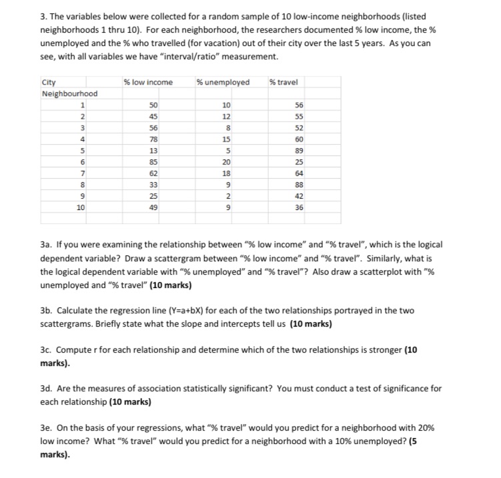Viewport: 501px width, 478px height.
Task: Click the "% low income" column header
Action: tap(148, 82)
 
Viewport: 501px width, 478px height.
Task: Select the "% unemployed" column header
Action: tap(223, 82)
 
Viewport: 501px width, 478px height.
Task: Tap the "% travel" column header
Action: tap(284, 82)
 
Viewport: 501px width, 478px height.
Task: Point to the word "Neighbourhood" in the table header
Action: tap(69, 93)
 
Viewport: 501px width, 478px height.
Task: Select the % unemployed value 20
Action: tap(227, 161)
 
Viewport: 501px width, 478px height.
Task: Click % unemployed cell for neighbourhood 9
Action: tap(229, 195)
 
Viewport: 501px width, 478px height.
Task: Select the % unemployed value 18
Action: tap(227, 173)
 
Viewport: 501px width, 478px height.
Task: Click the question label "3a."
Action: tap(47, 245)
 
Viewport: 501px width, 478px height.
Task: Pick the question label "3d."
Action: tap(47, 388)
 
